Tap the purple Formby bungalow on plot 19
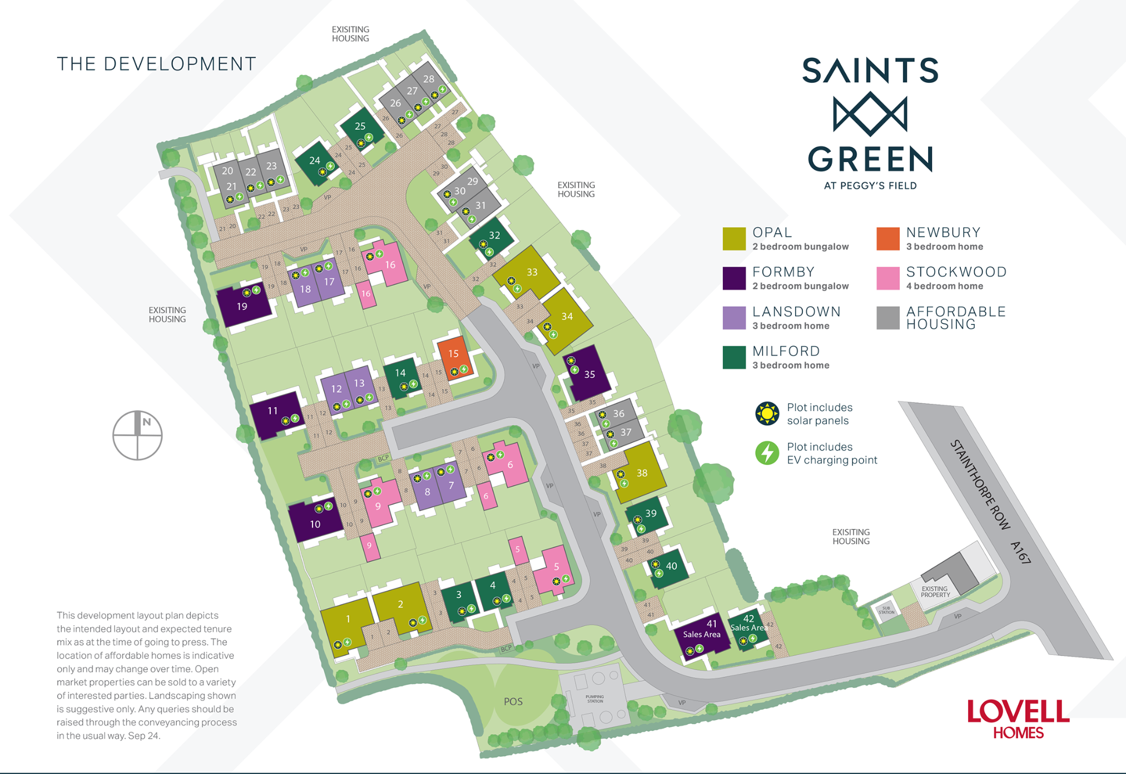[x=243, y=306]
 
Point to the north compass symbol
[x=137, y=435]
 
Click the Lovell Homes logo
[x=1018, y=718]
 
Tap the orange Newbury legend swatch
[x=887, y=239]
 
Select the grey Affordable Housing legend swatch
[x=887, y=318]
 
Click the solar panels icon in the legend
[x=767, y=413]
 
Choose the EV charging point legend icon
[x=767, y=453]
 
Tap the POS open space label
[x=513, y=701]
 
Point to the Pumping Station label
[x=594, y=698]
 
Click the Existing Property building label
[x=935, y=591]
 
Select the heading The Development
[x=156, y=64]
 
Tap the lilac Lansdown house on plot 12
[x=335, y=389]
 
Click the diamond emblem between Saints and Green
[x=870, y=114]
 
